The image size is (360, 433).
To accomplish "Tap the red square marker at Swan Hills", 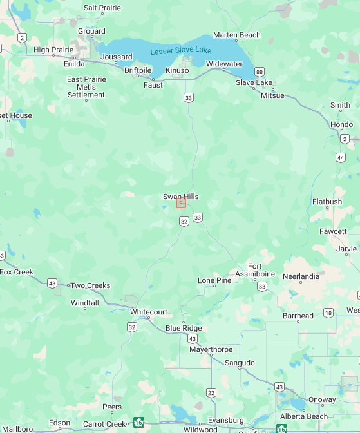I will [181, 202].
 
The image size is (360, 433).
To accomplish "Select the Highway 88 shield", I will [259, 72].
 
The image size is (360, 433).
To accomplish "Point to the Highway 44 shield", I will [340, 157].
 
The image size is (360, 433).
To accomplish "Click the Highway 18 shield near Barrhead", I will [328, 313].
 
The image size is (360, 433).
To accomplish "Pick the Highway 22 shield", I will [211, 392].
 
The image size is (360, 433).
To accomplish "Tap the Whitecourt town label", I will [149, 312].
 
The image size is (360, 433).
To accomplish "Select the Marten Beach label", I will [237, 35].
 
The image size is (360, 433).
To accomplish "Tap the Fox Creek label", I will [16, 272].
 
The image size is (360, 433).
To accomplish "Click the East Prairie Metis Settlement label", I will [86, 87].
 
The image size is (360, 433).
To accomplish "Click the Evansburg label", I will [226, 420].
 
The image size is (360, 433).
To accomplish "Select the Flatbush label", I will [327, 202].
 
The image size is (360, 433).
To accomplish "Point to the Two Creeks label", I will [90, 285].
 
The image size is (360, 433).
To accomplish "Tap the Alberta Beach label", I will [303, 416].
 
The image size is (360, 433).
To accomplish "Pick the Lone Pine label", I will [214, 280].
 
